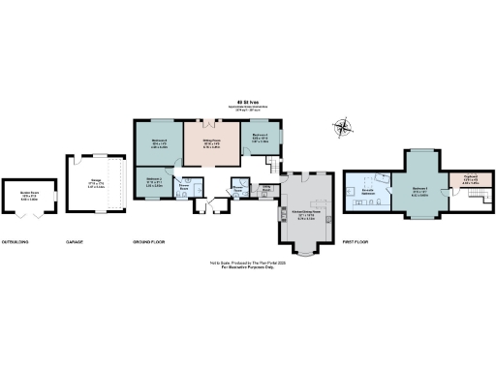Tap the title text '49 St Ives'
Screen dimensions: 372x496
(249, 100)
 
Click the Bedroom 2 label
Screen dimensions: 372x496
(153, 180)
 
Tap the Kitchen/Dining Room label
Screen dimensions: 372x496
(305, 216)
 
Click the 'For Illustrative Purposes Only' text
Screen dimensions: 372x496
(248, 267)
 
